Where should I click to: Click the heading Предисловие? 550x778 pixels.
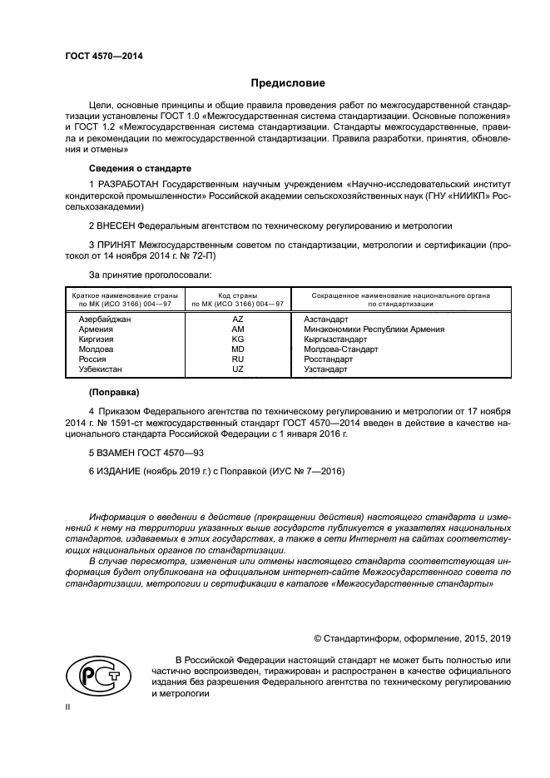[288, 83]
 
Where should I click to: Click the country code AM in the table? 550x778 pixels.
[237, 330]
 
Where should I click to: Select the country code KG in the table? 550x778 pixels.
[237, 339]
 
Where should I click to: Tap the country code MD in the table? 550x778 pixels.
[237, 349]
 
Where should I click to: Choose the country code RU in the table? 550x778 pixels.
[237, 359]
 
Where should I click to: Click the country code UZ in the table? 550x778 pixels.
[237, 369]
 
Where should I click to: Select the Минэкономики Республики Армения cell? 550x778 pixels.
[374, 330]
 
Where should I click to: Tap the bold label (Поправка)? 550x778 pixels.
[114, 391]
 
